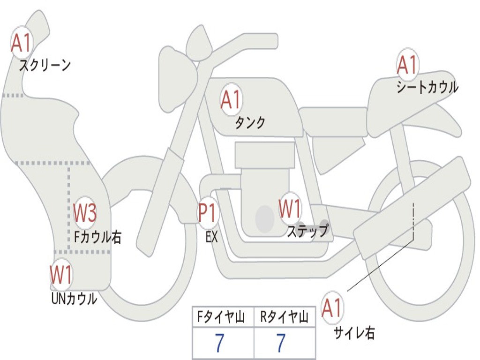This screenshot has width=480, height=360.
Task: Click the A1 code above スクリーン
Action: (x=21, y=43)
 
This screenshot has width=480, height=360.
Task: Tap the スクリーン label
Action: (x=45, y=65)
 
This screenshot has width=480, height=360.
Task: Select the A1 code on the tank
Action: (x=231, y=100)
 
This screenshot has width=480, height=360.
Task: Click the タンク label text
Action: (x=250, y=122)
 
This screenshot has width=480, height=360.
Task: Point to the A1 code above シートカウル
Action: (x=407, y=65)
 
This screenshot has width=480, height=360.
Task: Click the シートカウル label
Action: (x=427, y=87)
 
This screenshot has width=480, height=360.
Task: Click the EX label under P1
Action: (x=211, y=237)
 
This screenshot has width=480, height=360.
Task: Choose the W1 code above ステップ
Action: (x=290, y=209)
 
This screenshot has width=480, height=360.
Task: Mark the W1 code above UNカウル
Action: (x=61, y=275)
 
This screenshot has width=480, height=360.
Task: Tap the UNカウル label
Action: (x=74, y=298)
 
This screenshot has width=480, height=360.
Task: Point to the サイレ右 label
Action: (x=354, y=333)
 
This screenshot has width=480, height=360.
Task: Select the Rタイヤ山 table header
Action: (x=285, y=318)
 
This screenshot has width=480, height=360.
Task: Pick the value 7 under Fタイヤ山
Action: (x=219, y=344)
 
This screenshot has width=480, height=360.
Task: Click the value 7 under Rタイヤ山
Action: (x=280, y=344)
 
